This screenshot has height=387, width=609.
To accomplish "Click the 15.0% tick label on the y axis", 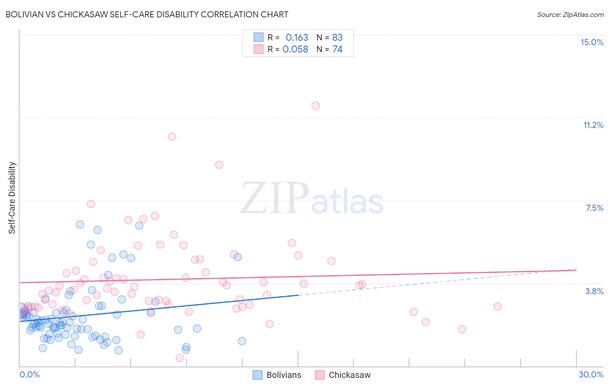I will tap(592, 42).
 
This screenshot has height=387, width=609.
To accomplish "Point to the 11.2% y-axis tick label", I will tap(593, 125).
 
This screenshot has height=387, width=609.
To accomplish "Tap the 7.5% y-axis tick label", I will tap(594, 208).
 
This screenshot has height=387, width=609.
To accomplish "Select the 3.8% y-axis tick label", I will tap(594, 291).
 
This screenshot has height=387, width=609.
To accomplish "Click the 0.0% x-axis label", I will tap(29, 374).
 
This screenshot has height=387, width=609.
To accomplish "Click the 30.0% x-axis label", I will tap(591, 374).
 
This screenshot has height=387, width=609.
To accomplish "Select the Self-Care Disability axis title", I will tap(12, 198).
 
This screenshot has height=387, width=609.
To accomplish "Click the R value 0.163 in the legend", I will tap(297, 38).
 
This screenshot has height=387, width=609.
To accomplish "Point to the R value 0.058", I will tap(295, 49).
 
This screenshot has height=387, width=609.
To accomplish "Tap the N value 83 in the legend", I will tap(337, 38).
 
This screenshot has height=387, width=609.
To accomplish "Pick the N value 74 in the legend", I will tap(337, 49).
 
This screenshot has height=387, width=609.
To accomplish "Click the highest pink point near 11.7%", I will tap(315, 106).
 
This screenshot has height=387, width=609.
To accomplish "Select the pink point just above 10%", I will tap(172, 137).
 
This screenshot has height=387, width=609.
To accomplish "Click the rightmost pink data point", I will tap(497, 306).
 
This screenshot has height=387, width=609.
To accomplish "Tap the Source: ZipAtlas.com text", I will tap(570, 14).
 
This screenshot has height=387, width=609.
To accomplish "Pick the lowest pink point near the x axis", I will tap(180, 358).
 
